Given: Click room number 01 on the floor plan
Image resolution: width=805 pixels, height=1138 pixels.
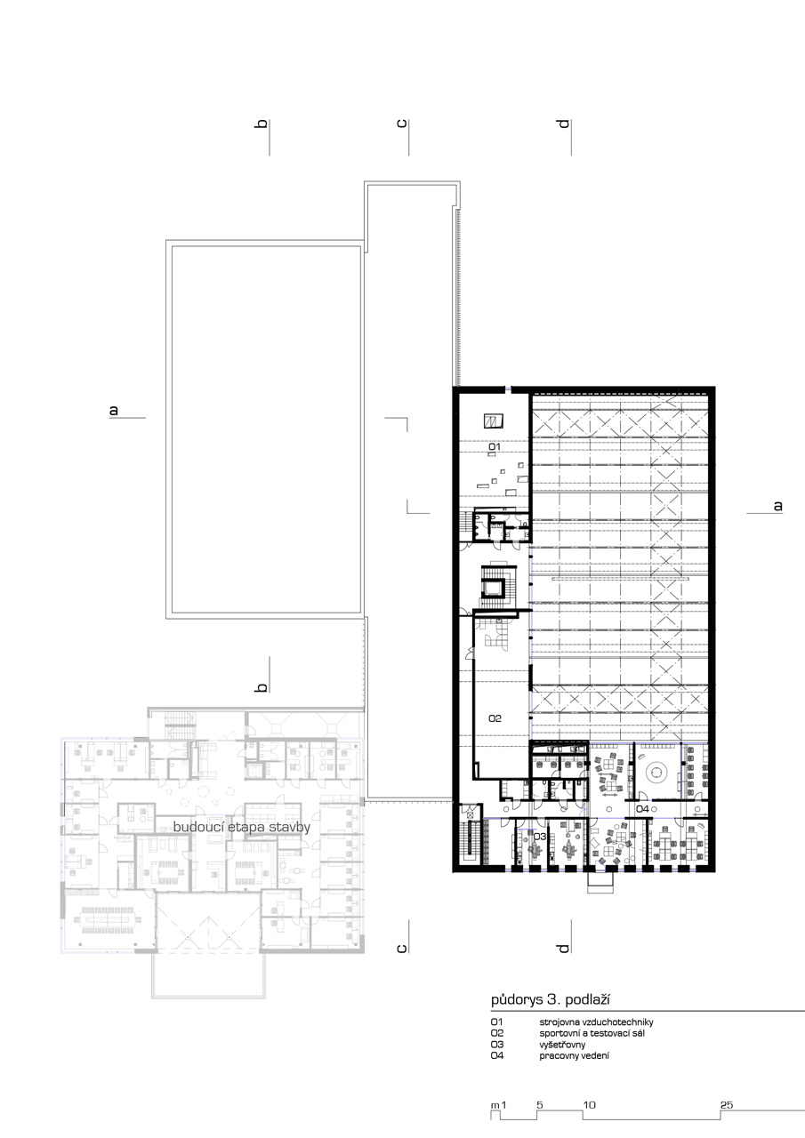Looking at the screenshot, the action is click(495, 446).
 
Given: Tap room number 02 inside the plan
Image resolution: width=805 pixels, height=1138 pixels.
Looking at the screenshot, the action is click(495, 718).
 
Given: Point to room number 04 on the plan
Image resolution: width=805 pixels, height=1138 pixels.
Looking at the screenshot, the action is click(643, 809).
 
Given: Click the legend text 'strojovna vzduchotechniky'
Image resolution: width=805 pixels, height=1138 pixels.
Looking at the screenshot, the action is click(596, 1022).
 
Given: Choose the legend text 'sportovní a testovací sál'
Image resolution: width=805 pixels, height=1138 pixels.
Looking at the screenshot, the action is click(592, 1033).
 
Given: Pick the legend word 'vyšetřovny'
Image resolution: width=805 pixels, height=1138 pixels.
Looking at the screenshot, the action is click(562, 1045).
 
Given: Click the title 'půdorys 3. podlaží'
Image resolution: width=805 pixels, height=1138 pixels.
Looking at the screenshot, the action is click(551, 1000).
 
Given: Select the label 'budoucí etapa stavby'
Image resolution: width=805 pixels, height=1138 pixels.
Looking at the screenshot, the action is click(242, 828).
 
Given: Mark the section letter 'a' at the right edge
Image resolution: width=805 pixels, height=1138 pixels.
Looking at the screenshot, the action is click(777, 506).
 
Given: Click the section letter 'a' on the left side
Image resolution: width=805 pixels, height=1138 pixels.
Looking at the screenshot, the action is click(114, 410).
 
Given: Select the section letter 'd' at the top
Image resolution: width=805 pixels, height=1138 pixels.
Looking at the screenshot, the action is click(563, 124).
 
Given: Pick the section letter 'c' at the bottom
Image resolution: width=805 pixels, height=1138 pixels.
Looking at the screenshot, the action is click(401, 949).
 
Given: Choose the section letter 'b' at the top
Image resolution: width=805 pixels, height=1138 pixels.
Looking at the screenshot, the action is click(262, 124).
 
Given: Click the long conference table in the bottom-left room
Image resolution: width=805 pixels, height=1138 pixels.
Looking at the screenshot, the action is click(108, 920).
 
